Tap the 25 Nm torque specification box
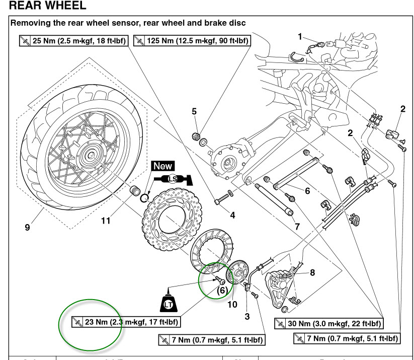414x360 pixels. [73, 40]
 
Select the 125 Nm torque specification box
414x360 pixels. [192, 40]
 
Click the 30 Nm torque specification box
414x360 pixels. [327, 323]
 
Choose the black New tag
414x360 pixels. [162, 166]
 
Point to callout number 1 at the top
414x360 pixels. [300, 37]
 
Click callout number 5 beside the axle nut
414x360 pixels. [194, 111]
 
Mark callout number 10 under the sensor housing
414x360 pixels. [232, 304]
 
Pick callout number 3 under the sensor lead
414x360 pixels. [247, 316]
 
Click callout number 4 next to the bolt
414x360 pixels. [232, 215]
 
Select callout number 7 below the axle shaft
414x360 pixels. [297, 226]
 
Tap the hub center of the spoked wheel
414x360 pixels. [92, 157]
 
